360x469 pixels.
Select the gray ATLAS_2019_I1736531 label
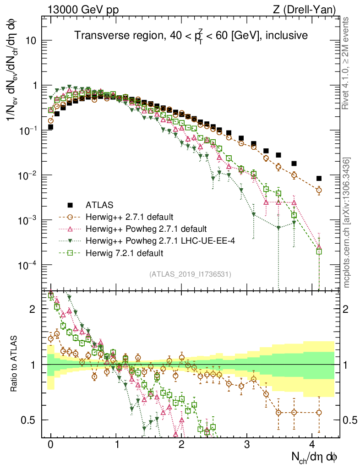point(190,274)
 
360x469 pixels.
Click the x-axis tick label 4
point(312,445)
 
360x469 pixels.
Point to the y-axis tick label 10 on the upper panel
point(31,41)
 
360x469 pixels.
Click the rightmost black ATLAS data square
point(319,178)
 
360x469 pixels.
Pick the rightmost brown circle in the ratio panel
point(319,412)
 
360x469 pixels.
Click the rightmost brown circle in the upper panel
point(319,190)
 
